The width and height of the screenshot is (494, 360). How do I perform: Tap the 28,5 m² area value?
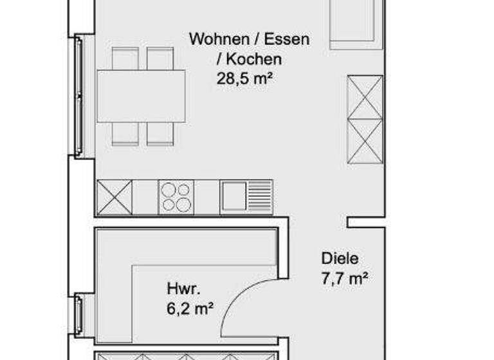(249, 80)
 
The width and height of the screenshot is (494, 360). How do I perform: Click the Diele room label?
(340, 259)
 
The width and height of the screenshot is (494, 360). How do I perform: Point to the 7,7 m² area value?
(344, 279)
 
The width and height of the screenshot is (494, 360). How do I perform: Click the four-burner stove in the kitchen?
(176, 197)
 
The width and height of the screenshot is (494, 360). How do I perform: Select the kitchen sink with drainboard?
(246, 197)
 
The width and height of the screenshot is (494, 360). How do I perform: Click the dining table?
(141, 96)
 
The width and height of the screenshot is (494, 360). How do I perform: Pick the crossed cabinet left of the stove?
(114, 197)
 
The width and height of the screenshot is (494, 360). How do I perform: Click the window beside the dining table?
(78, 96)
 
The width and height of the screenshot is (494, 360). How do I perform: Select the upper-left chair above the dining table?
(125, 59)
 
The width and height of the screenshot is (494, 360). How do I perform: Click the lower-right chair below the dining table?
(160, 134)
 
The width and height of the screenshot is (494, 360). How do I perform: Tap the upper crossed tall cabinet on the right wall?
(365, 97)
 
